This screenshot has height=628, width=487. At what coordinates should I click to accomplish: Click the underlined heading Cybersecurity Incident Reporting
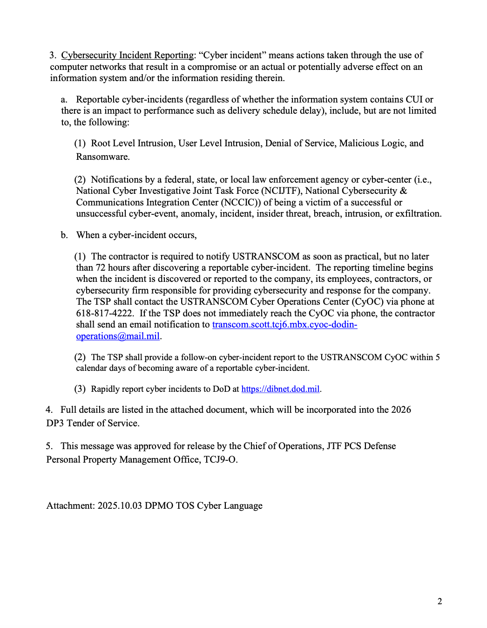(x=127, y=55)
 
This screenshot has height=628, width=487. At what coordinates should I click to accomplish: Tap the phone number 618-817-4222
(x=105, y=314)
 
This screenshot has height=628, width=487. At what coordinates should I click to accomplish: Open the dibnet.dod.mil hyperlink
(x=280, y=389)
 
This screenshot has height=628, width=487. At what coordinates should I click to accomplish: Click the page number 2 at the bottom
(x=440, y=601)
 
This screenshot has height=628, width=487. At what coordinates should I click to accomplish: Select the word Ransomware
(x=102, y=157)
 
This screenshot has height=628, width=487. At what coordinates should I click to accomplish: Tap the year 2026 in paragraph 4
(x=401, y=410)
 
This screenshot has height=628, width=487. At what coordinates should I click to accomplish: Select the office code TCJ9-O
(x=220, y=460)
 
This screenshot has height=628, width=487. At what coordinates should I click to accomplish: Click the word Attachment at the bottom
(x=70, y=506)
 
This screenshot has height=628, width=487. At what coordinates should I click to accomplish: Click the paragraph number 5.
(x=49, y=446)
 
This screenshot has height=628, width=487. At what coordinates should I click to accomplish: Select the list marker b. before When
(x=64, y=235)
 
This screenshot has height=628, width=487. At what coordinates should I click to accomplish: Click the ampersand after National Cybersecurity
(x=403, y=191)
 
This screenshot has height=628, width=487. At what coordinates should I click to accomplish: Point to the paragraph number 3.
(x=53, y=55)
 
